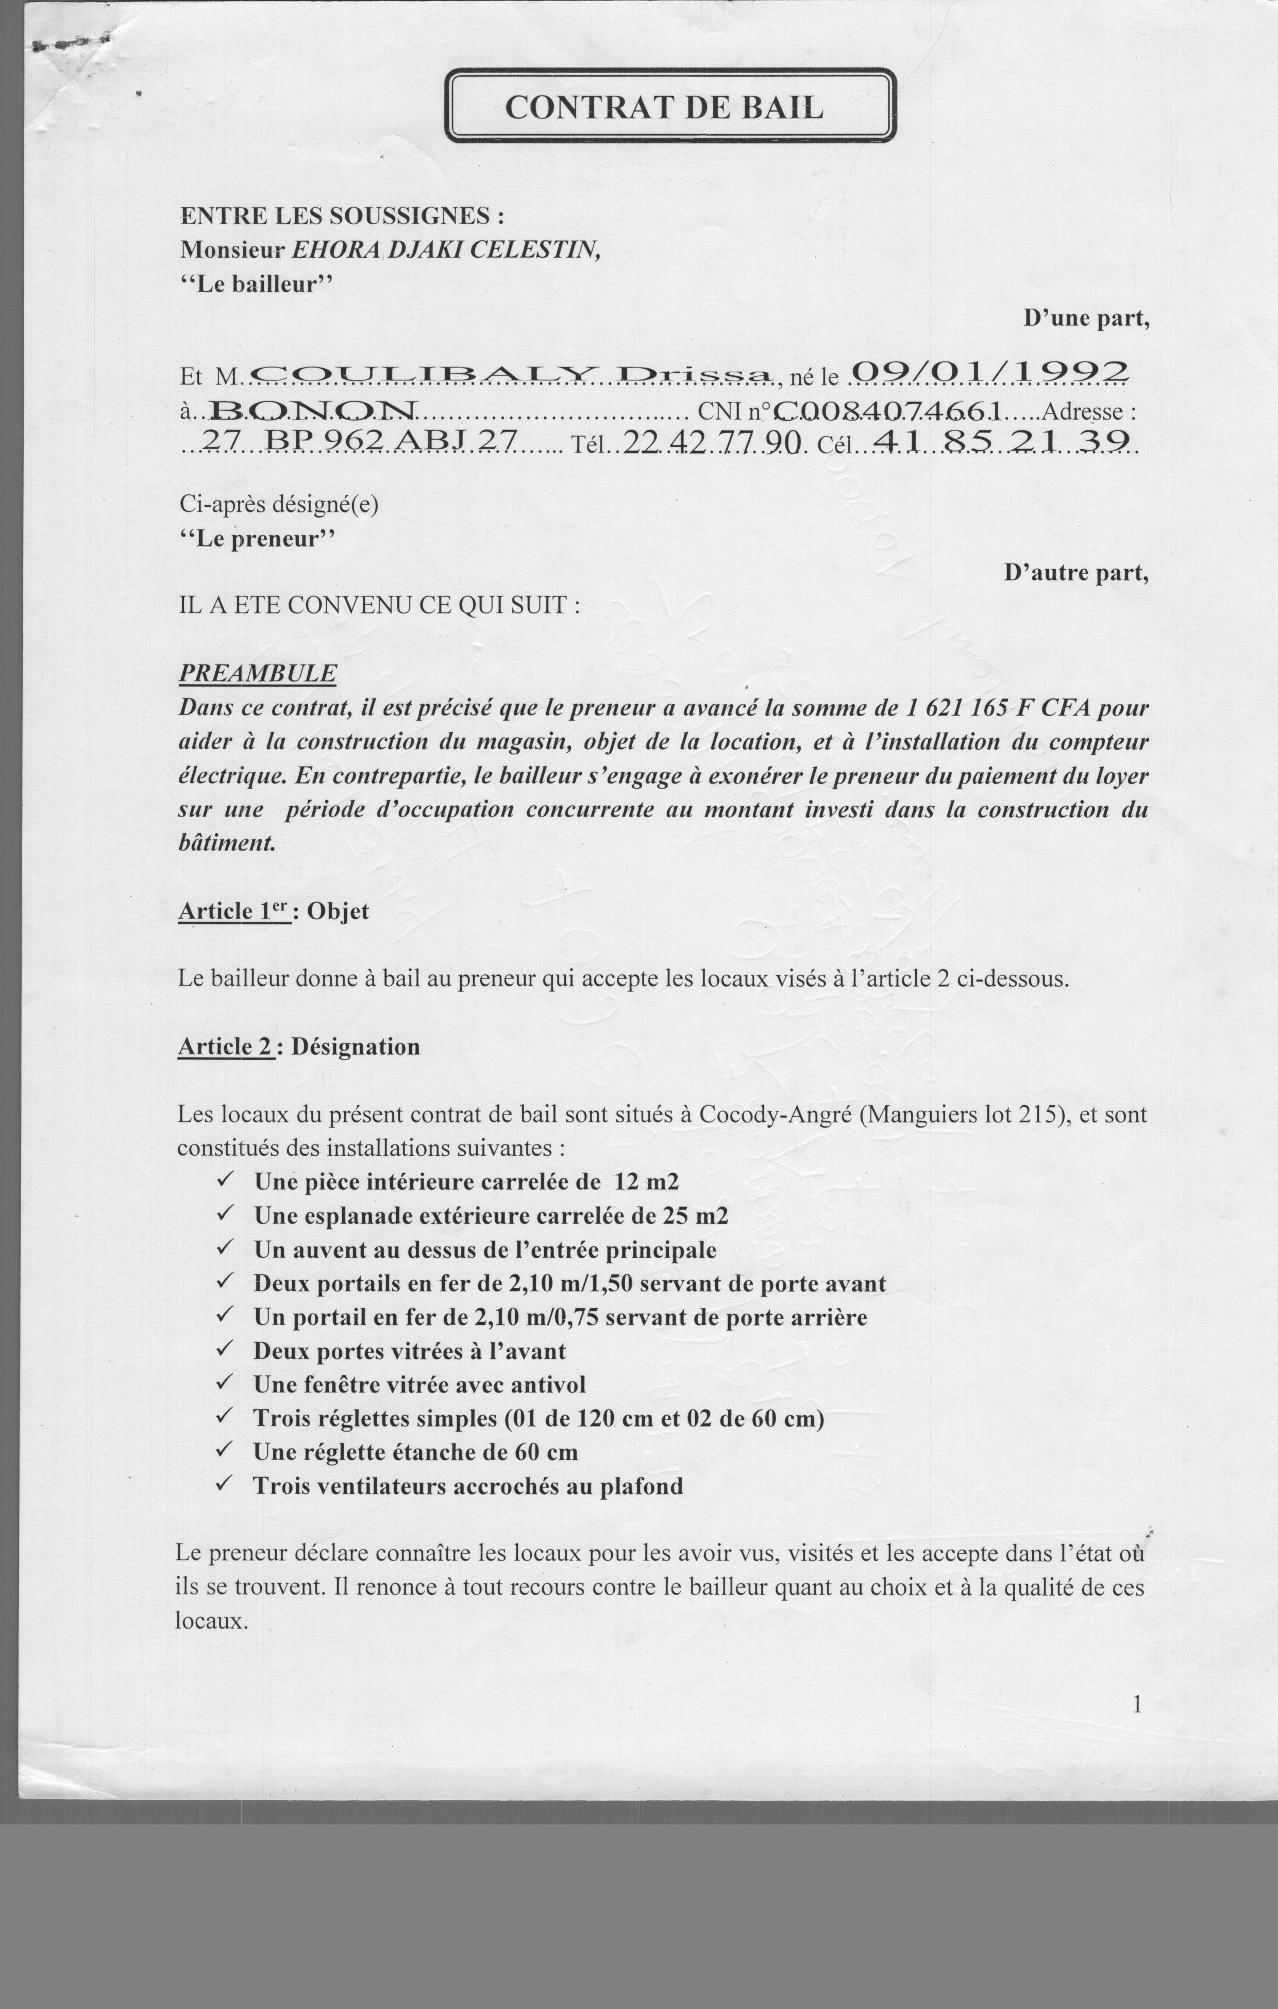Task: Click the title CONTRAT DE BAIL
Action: coord(664,107)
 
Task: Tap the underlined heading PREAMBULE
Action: coord(258,672)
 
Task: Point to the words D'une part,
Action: coord(1086,318)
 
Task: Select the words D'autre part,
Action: coord(1076,572)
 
